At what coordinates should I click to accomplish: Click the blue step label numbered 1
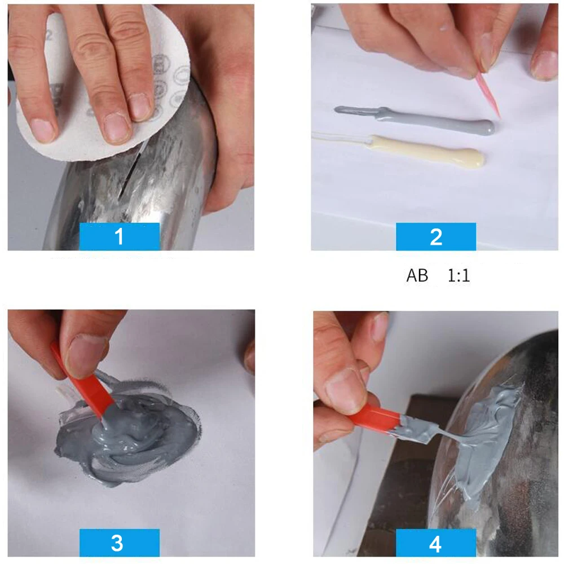(x=119, y=236)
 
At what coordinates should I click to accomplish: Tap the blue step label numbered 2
(x=435, y=236)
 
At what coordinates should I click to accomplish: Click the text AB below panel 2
(x=417, y=276)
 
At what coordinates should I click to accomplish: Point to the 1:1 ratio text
(x=459, y=276)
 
